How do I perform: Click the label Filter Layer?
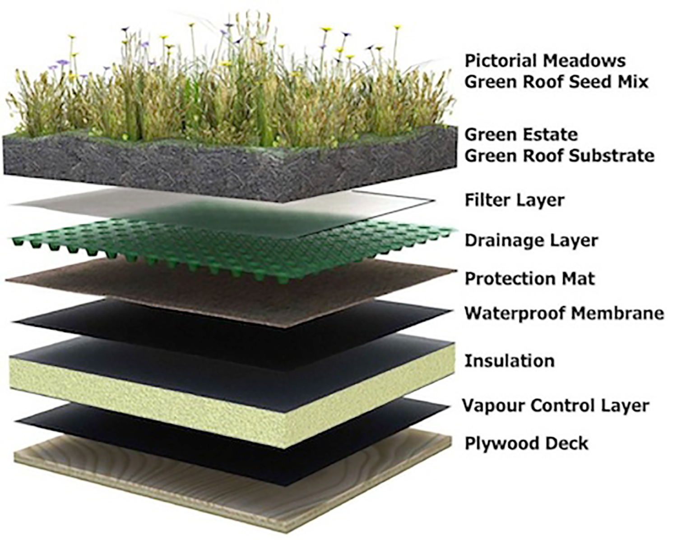point(515,200)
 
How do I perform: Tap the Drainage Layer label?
point(531,240)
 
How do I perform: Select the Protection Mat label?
point(530,279)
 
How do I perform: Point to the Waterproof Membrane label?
point(564,313)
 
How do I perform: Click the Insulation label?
point(510,361)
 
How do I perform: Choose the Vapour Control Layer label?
point(556,406)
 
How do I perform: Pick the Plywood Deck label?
point(527,443)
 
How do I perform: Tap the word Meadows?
point(584,61)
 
